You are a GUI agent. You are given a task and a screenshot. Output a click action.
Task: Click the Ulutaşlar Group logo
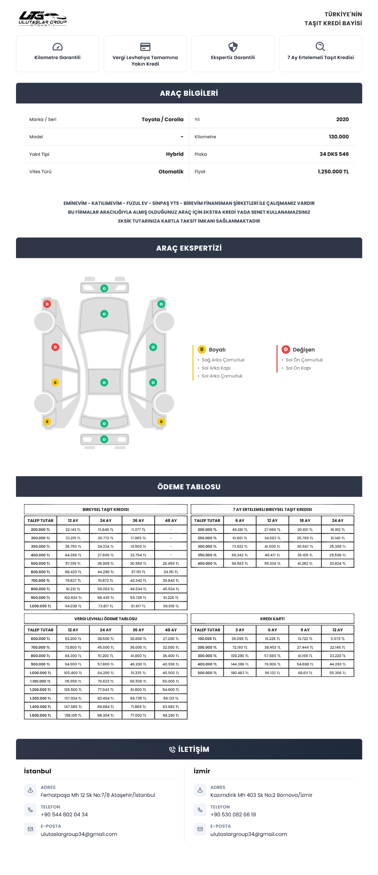click(x=43, y=18)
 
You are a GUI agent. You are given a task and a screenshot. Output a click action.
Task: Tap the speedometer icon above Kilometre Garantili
click(x=57, y=46)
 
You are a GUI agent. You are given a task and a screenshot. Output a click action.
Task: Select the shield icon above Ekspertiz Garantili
click(x=233, y=46)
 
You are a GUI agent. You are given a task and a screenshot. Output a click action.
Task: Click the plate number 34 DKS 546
click(x=334, y=154)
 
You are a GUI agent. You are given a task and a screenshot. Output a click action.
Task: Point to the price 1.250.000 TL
click(x=333, y=172)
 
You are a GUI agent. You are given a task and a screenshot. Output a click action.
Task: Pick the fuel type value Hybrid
click(x=174, y=154)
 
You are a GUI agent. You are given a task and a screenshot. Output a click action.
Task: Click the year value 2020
click(x=342, y=119)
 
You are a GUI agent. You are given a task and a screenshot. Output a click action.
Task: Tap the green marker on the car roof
click(x=104, y=382)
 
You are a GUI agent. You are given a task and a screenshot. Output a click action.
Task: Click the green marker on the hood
click(x=104, y=314)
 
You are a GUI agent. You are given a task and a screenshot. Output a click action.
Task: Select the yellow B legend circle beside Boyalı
click(x=202, y=349)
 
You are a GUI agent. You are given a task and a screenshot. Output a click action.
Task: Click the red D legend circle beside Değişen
click(x=286, y=349)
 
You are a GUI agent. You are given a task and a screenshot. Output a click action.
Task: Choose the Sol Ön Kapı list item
click(x=298, y=368)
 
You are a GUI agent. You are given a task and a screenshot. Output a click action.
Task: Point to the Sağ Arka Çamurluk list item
click(x=223, y=360)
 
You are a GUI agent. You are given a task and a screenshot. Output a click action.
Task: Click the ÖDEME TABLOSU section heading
click(x=189, y=487)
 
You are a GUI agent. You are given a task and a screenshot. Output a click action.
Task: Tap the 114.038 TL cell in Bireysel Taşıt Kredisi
click(x=73, y=606)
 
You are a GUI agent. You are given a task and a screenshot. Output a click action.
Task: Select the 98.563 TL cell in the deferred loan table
click(x=240, y=564)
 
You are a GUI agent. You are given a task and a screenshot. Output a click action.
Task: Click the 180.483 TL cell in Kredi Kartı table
click(x=240, y=673)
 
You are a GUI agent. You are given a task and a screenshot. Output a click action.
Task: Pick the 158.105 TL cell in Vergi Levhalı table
click(x=73, y=715)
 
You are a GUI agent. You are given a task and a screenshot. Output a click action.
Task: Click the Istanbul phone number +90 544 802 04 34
click(x=64, y=814)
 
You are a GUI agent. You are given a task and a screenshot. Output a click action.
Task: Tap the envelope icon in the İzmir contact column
click(x=200, y=829)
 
